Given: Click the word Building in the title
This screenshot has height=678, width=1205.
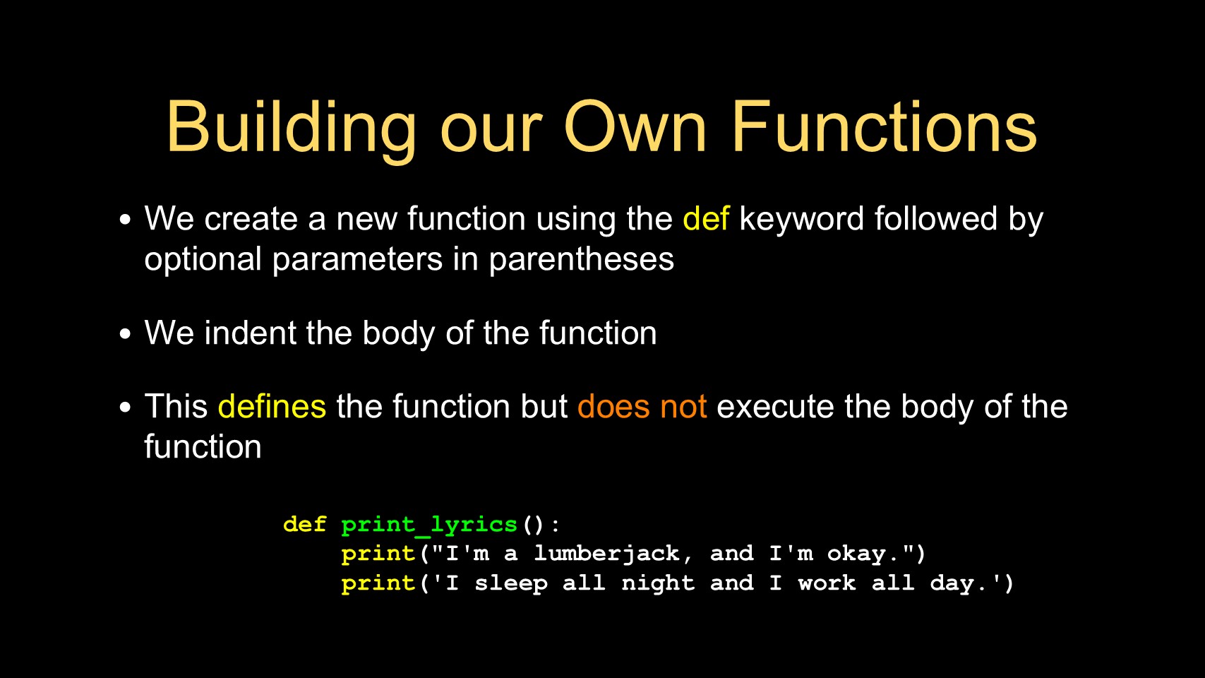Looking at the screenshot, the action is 291,129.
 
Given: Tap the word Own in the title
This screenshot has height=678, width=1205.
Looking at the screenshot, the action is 635,128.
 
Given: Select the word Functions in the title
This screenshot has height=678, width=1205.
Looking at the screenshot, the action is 885,127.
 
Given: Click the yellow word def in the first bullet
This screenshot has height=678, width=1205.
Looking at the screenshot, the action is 706,218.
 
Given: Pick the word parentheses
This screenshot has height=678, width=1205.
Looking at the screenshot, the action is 581,259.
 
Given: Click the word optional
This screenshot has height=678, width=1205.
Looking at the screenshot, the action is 203,260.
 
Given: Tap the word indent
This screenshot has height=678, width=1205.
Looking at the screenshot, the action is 250,333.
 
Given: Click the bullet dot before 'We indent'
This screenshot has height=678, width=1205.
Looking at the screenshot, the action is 126,333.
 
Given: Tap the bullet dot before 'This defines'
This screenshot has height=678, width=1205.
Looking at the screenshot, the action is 126,407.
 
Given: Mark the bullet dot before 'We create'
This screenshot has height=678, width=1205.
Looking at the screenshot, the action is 126,220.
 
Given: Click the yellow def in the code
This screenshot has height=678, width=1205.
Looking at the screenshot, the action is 304,524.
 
